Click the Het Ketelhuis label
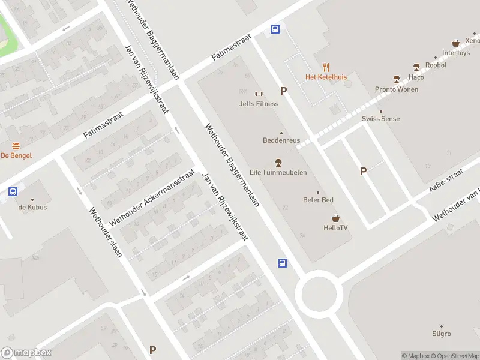coord(326,77)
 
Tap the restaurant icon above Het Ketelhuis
coord(326,67)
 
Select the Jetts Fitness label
coord(259,104)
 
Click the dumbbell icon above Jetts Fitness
coord(259,93)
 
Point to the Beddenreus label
coord(281,140)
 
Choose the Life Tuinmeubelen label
coord(278,173)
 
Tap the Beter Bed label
coord(318,200)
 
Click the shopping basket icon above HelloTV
coord(335,218)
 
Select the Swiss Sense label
coord(380,119)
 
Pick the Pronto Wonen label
coord(397,89)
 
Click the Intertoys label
coord(456,53)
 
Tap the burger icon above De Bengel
coord(16,146)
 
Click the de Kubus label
coord(32,208)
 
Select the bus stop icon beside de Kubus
coord(13,192)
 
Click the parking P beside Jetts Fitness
coord(283,91)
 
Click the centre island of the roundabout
coord(319,293)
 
